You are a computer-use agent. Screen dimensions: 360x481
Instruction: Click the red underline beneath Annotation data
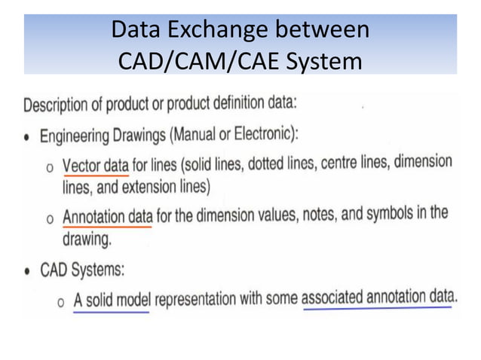(106, 226)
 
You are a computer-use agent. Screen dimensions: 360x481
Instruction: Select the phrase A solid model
(111, 299)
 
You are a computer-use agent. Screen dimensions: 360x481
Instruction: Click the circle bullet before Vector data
(50, 167)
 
